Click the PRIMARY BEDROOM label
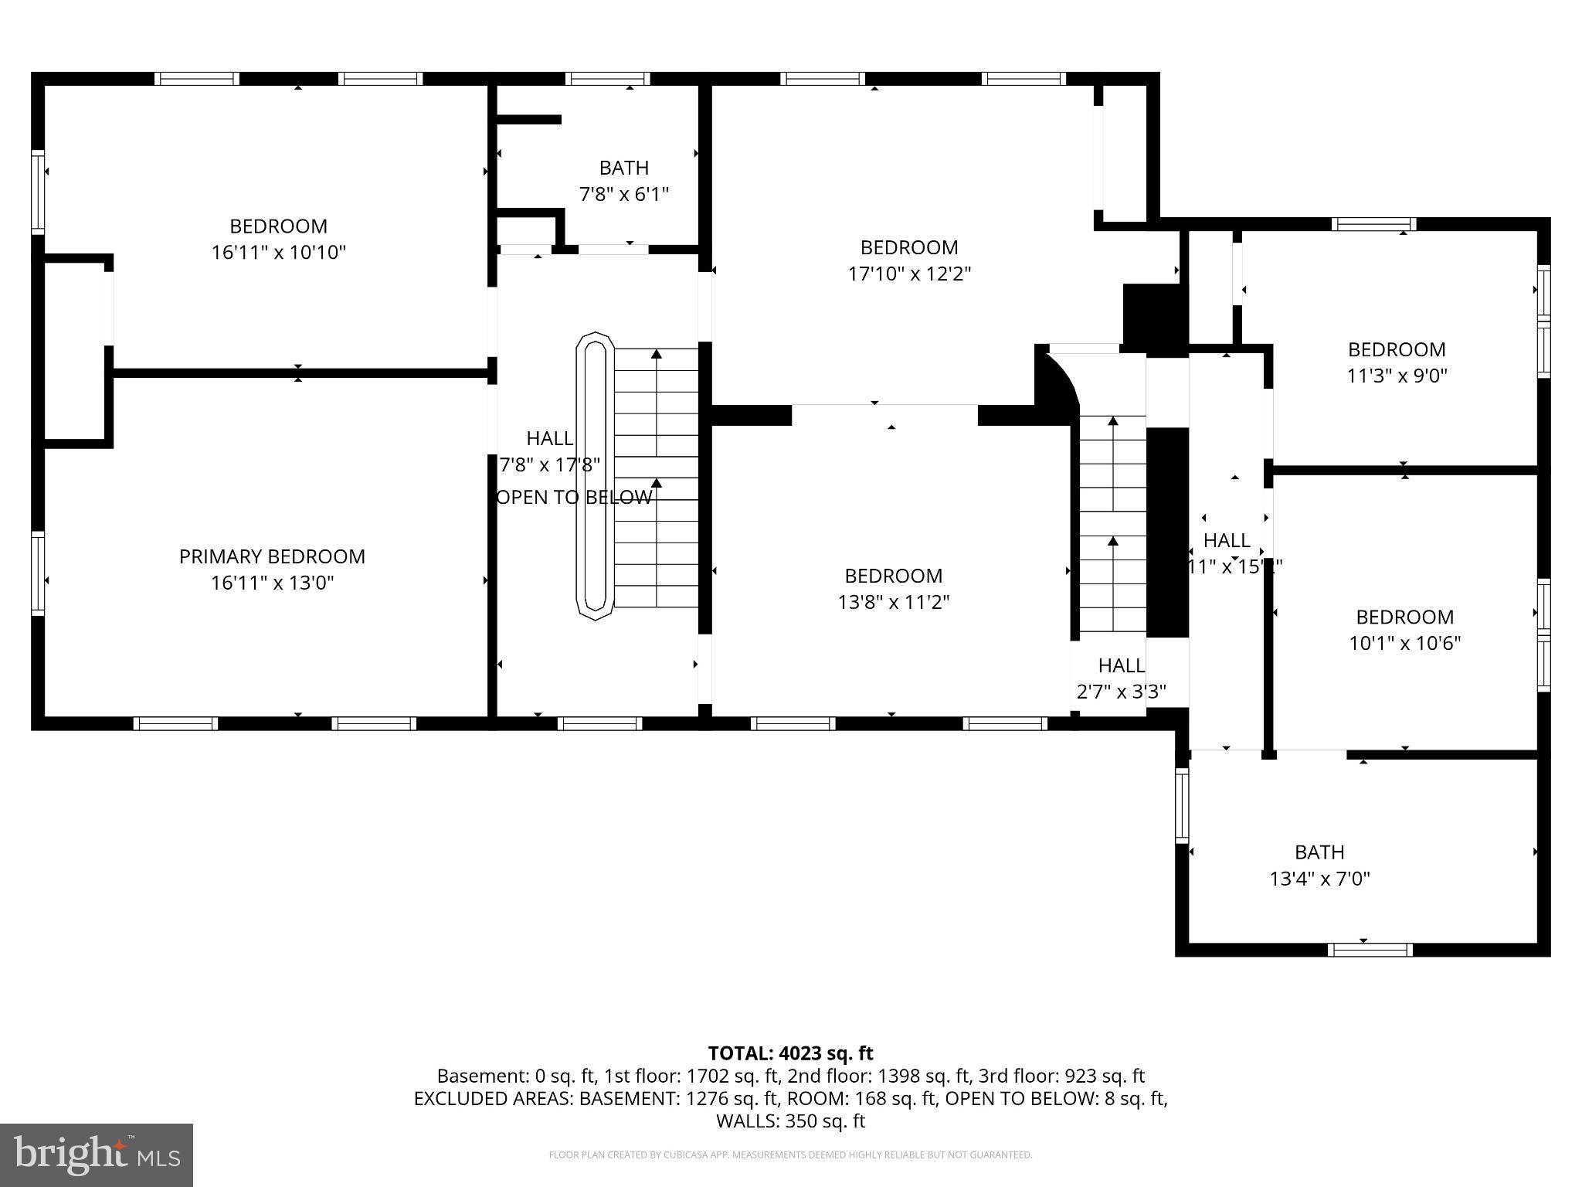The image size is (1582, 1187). point(272,556)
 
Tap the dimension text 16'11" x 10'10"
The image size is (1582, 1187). point(278,252)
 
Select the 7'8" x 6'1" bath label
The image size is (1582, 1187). point(623,193)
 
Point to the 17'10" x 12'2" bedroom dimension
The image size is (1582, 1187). point(909,274)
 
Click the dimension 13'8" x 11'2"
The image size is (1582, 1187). point(893,602)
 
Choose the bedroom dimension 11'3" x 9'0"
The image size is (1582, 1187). point(1397,376)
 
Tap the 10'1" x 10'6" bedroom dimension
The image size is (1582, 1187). point(1404,643)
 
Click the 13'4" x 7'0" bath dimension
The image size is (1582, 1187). point(1319,879)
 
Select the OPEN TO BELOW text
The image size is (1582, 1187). point(574,498)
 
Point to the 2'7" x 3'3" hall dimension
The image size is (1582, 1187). point(1121,692)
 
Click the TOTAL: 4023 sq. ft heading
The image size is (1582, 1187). point(790,1053)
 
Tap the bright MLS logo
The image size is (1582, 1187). point(96,1155)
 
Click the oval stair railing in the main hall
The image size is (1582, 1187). point(595,476)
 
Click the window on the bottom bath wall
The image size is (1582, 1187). point(1370,950)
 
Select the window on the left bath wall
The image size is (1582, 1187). point(1181,804)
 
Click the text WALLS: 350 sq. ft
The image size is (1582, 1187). point(790,1121)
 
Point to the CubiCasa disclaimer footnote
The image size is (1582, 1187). point(790,1155)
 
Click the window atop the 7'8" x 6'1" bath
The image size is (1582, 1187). point(607,79)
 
